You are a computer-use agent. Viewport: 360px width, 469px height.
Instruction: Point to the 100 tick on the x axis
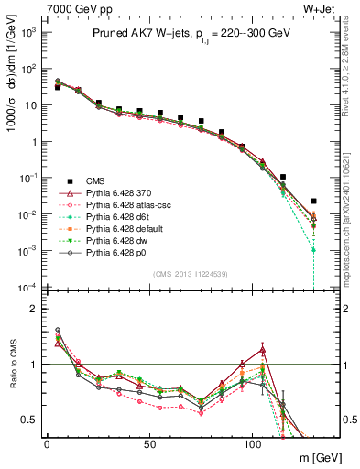pyautogui.click(x=252, y=445)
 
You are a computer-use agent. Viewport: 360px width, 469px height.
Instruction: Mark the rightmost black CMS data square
pyautogui.click(x=313, y=201)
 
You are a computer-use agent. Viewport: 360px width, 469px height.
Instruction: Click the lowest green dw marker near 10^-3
pyautogui.click(x=313, y=249)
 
